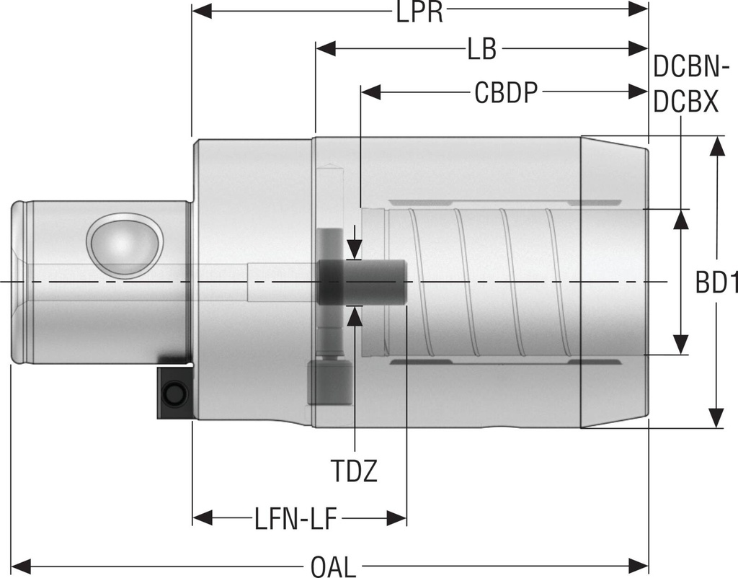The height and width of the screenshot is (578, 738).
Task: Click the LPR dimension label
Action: (x=419, y=12)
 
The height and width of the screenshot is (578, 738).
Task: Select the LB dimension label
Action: (x=481, y=50)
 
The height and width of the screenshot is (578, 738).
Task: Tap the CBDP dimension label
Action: (x=506, y=93)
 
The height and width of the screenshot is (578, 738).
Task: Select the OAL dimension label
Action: (x=333, y=566)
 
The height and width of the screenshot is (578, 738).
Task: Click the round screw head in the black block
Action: (x=173, y=394)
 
